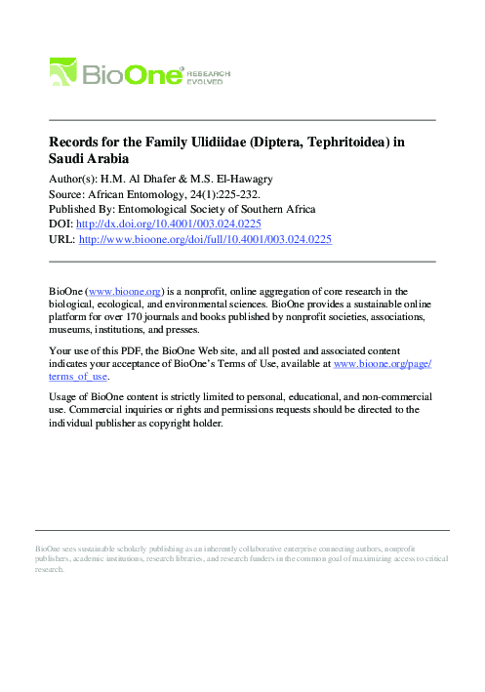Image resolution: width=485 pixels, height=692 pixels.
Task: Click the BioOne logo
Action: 116,73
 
